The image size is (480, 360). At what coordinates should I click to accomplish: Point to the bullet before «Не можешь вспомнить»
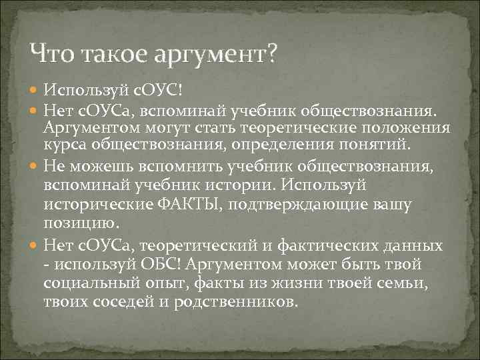(35, 165)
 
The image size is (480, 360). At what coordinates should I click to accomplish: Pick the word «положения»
(406, 127)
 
